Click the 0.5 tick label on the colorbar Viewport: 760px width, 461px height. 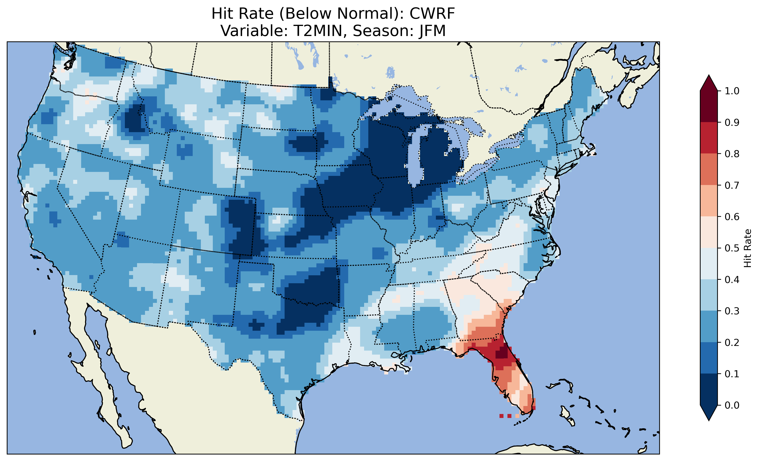pyautogui.click(x=732, y=248)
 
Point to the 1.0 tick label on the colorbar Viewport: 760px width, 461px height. pyautogui.click(x=732, y=91)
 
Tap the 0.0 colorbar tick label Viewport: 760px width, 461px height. pyautogui.click(x=732, y=405)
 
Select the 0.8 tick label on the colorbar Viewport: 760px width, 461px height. pyautogui.click(x=732, y=154)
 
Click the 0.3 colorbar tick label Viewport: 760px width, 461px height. pyautogui.click(x=732, y=311)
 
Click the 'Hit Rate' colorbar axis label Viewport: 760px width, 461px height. pyautogui.click(x=748, y=248)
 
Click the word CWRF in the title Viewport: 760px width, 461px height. pyautogui.click(x=432, y=14)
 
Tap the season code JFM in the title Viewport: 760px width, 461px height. pyautogui.click(x=432, y=31)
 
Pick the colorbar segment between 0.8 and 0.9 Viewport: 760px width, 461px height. pyautogui.click(x=709, y=138)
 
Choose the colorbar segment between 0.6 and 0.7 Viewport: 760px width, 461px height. pyautogui.click(x=709, y=201)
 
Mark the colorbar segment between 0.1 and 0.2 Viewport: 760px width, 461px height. pyautogui.click(x=709, y=358)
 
